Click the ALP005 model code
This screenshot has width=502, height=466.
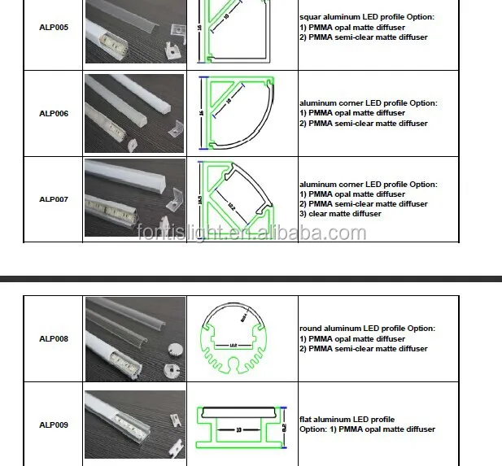54,28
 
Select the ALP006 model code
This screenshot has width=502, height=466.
54,114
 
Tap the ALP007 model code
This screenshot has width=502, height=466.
54,199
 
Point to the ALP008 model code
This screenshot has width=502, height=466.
54,338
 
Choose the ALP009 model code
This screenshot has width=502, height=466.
54,425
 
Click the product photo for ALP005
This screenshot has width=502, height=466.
135,32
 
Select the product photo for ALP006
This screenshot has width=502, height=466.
135,114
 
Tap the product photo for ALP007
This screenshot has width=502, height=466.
135,198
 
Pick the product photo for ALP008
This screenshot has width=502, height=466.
135,338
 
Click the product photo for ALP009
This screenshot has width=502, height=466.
135,425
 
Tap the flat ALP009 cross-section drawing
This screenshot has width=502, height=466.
242,425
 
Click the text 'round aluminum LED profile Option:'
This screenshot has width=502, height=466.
367,329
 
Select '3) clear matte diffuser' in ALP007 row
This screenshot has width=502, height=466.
340,214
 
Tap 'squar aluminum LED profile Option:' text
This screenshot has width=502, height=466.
367,17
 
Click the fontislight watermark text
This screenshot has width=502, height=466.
251,233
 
